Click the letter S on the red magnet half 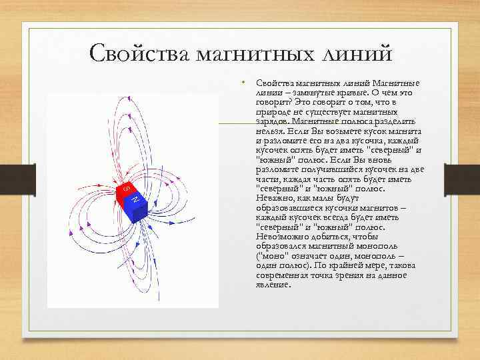[125, 189]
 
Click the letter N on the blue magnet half [135, 200]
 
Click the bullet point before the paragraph [245, 83]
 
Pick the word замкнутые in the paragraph [309, 93]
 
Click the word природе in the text [271, 113]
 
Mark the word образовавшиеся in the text [289, 208]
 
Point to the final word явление [273, 285]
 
